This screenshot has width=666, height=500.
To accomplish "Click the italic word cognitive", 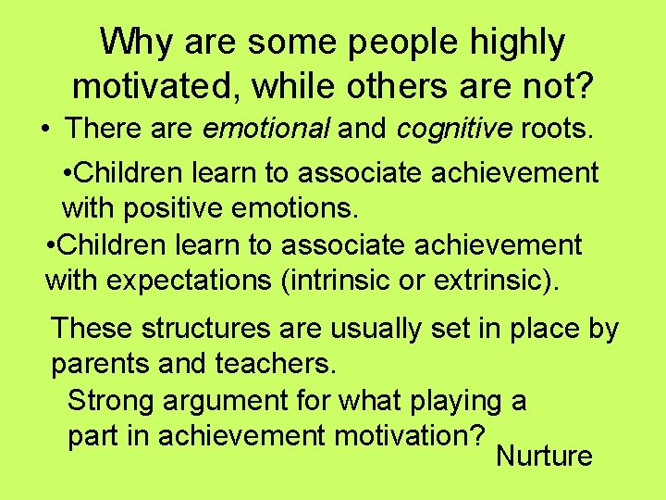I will tap(453, 128).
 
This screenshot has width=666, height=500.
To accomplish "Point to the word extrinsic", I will tap(500, 279).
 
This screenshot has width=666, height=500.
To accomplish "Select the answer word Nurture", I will tap(544, 456).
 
